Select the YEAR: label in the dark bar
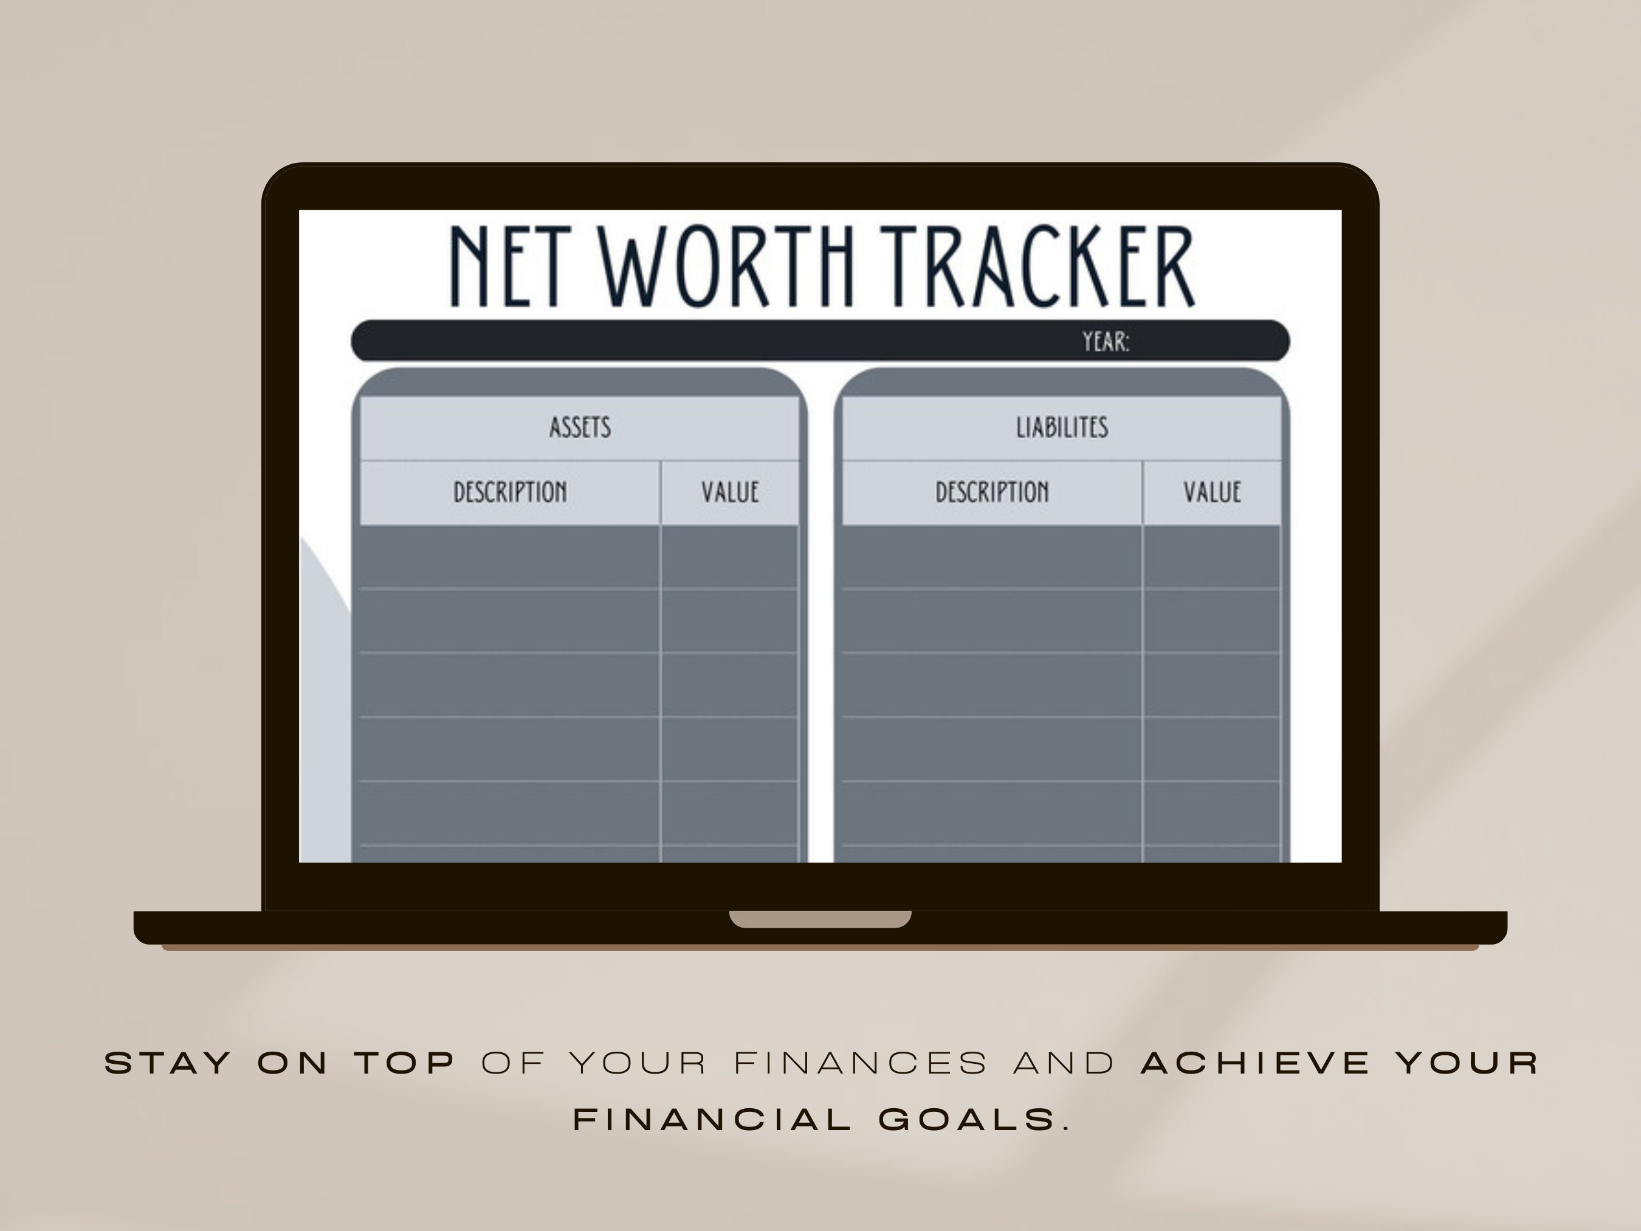[x=1106, y=342]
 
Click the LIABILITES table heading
[x=1062, y=428]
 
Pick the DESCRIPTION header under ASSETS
[x=510, y=492]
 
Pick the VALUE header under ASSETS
[x=730, y=492]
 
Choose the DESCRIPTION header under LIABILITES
[x=992, y=492]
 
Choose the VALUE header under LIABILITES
[x=1211, y=492]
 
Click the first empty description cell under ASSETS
[x=510, y=557]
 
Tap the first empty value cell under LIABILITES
[x=1211, y=557]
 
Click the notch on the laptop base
[x=820, y=919]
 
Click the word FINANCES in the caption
[x=861, y=1064]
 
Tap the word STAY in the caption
[x=168, y=1064]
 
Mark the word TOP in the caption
[x=405, y=1064]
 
